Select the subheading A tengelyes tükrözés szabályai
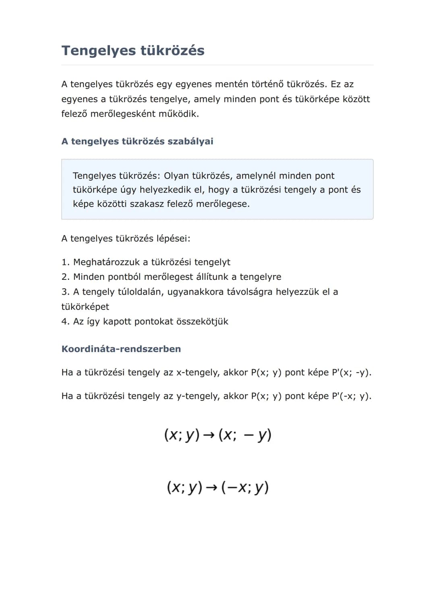[137, 141]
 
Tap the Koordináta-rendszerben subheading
[121, 349]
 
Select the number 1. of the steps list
[65, 262]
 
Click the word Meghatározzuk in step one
[106, 262]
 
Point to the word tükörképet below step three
[85, 306]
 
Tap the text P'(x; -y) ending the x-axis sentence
[350, 372]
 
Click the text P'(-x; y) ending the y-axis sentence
[350, 396]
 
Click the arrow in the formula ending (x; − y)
[209, 435]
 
